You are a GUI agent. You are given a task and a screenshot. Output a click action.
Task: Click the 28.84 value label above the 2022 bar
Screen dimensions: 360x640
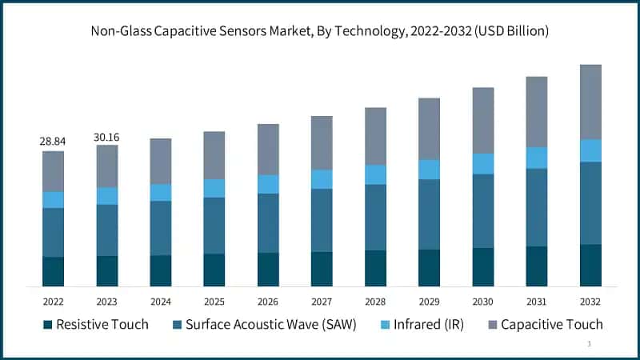click(x=53, y=142)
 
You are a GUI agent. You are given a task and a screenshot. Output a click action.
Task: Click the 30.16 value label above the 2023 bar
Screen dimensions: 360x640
click(x=106, y=137)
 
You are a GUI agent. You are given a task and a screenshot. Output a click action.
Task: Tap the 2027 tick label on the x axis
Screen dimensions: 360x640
click(x=322, y=302)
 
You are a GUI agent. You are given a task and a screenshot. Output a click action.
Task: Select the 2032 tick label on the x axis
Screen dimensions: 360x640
click(x=590, y=302)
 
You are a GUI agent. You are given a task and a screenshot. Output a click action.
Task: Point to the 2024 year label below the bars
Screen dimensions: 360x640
click(x=160, y=302)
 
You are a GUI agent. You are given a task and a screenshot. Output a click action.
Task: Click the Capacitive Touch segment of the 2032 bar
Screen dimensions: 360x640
click(x=590, y=102)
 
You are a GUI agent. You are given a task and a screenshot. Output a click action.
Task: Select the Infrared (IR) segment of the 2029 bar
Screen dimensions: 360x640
click(x=429, y=170)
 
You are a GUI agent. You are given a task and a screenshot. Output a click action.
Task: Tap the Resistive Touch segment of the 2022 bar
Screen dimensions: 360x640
click(x=53, y=271)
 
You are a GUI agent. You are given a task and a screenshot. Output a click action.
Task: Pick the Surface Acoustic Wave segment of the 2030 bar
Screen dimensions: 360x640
click(x=482, y=210)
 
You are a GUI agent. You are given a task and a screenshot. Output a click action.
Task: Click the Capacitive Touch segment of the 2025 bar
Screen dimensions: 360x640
click(x=214, y=155)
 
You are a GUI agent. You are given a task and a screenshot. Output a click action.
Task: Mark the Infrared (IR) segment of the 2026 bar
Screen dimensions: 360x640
click(x=268, y=184)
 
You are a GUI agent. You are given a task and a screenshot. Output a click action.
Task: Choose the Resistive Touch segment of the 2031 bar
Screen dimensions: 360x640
click(x=536, y=266)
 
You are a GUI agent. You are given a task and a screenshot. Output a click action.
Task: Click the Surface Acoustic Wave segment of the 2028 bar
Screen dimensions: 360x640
click(x=375, y=217)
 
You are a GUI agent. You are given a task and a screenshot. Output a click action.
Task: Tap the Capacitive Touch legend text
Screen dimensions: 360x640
click(x=552, y=325)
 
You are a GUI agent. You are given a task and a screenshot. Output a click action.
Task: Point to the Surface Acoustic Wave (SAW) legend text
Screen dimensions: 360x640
click(x=270, y=325)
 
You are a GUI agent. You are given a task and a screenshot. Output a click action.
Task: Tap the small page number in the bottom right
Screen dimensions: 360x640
click(x=590, y=344)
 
